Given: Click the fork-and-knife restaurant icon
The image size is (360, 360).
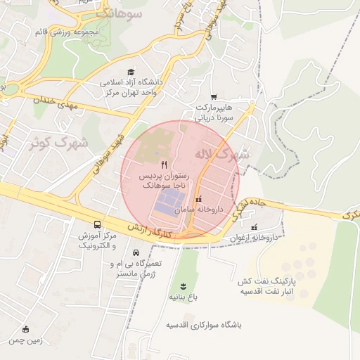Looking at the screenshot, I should click(x=165, y=162).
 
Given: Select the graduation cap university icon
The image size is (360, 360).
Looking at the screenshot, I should click(x=130, y=72).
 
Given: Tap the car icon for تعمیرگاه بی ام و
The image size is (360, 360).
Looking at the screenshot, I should click(x=136, y=253).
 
